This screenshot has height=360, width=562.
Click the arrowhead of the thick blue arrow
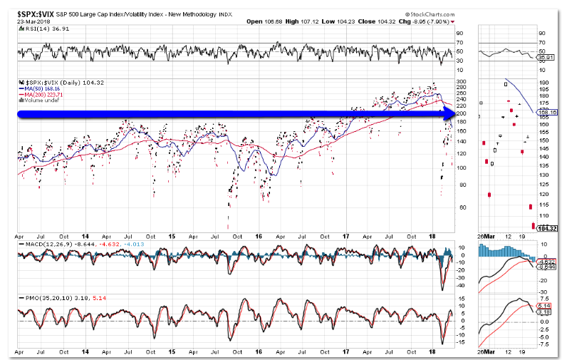click(450, 114)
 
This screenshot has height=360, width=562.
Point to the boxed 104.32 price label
click(546, 228)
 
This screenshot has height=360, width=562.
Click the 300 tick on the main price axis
click(462, 82)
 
